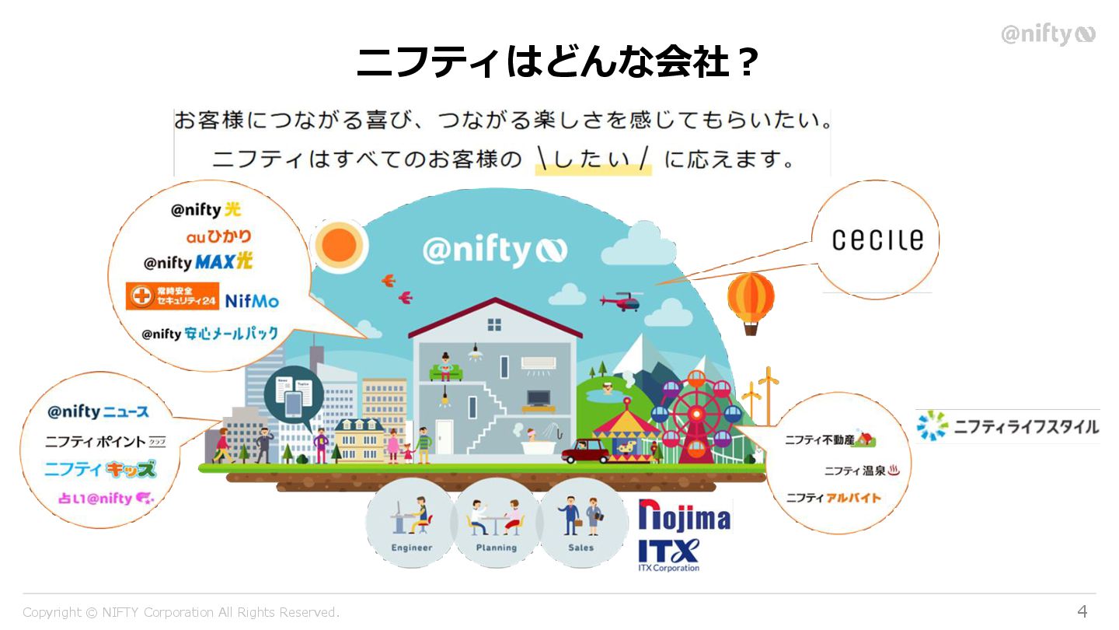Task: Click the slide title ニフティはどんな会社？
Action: (557, 61)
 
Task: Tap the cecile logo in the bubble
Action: (877, 240)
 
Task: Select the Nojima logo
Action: (685, 516)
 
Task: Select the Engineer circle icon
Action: (411, 522)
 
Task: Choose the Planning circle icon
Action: (497, 522)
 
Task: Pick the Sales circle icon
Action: (581, 522)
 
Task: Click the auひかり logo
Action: (218, 236)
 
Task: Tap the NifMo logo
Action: (251, 300)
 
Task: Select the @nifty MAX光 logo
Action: (198, 262)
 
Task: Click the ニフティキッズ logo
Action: (99, 470)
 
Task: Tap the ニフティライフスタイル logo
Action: (1008, 426)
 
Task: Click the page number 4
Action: (1082, 611)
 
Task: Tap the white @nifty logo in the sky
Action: (495, 250)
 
